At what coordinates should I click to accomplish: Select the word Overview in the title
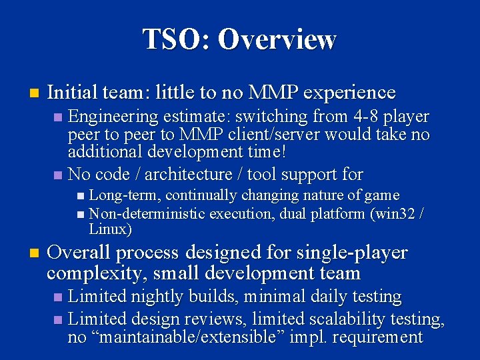pyautogui.click(x=277, y=39)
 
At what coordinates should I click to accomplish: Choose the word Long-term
pyautogui.click(x=125, y=195)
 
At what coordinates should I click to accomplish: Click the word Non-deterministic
pyautogui.click(x=147, y=213)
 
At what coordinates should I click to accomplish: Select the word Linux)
pyautogui.click(x=111, y=230)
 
